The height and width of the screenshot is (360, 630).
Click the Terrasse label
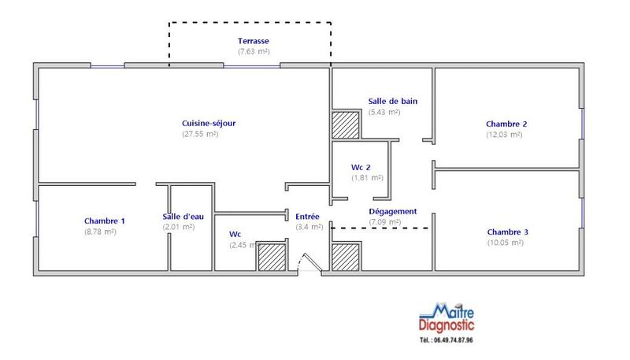coord(254,40)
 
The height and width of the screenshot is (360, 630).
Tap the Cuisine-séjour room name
coord(209,123)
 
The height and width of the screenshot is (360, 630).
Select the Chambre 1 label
coord(105,221)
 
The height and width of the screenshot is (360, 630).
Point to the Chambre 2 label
coord(506,124)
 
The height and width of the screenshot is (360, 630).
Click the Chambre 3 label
coord(507,232)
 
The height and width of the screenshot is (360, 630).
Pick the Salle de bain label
coord(392,101)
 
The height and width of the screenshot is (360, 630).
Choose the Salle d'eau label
coord(182,217)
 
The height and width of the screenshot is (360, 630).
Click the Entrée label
coord(307,216)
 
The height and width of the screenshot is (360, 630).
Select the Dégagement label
coord(393,211)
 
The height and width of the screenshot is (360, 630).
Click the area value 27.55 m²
coord(200,134)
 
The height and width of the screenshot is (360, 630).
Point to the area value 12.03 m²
coord(504,135)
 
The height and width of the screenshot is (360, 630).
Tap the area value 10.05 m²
coord(505,243)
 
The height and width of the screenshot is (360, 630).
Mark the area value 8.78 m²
coord(100,232)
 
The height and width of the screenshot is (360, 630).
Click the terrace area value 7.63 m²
coord(254,51)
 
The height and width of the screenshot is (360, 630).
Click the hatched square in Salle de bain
coord(345,125)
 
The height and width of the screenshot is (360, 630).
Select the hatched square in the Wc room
coord(272,257)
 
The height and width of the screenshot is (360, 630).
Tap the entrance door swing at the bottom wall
coord(309,264)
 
